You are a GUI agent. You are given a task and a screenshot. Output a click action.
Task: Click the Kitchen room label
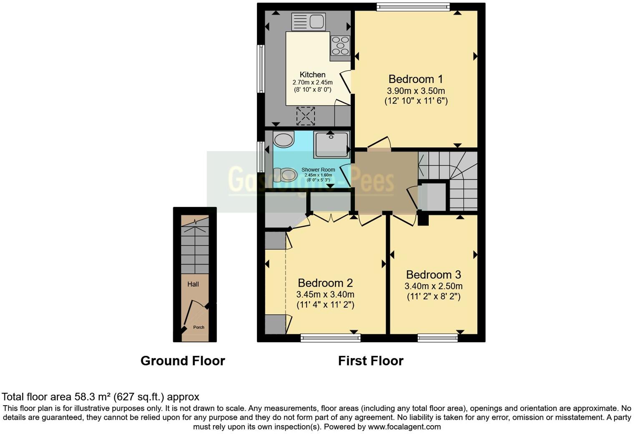coord(312,75)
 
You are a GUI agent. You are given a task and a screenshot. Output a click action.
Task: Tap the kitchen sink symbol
coord(308,21)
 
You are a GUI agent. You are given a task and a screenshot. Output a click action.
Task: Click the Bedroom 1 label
coord(415,79)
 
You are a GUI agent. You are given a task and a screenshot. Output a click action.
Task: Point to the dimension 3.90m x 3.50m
coord(416,91)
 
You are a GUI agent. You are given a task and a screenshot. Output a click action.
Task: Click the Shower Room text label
coord(318,170)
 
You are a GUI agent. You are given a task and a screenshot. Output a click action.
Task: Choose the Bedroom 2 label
coord(325,283)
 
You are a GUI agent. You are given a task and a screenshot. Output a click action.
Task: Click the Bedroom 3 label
coord(433,275)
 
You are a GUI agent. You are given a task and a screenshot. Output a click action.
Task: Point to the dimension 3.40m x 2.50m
coord(433,286)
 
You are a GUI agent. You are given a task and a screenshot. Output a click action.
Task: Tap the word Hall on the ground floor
coord(193,284)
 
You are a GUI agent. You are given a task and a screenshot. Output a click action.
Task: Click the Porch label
coord(199,327)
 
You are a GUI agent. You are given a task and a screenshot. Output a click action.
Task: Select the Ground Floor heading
coord(183,361)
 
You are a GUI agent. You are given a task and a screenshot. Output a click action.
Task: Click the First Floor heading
coord(371,361)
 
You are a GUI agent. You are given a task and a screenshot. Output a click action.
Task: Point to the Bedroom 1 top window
coord(413,6)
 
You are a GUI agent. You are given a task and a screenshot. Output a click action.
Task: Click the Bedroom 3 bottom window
coord(438,338)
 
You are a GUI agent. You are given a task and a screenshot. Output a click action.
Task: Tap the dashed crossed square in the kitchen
coord(305,116)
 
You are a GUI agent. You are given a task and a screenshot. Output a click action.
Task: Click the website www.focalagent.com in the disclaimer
coord(404,427)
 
